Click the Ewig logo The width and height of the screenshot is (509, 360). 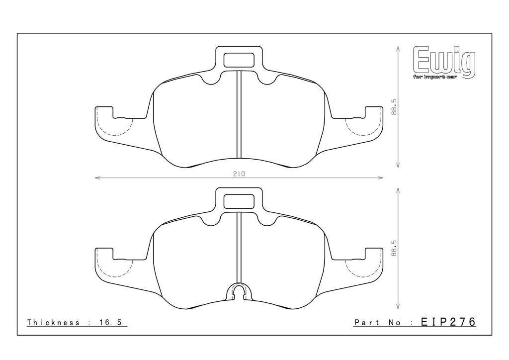coord(444,61)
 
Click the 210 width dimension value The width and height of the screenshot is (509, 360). coord(239,174)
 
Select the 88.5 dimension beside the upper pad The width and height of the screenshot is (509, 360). coord(394,107)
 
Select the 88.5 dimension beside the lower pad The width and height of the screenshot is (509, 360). coord(394,249)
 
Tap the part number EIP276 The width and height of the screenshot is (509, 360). coord(448,322)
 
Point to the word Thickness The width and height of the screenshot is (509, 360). coord(53,322)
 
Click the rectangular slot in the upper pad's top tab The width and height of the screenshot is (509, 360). coord(239,60)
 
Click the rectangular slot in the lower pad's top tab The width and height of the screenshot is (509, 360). coord(239,201)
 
